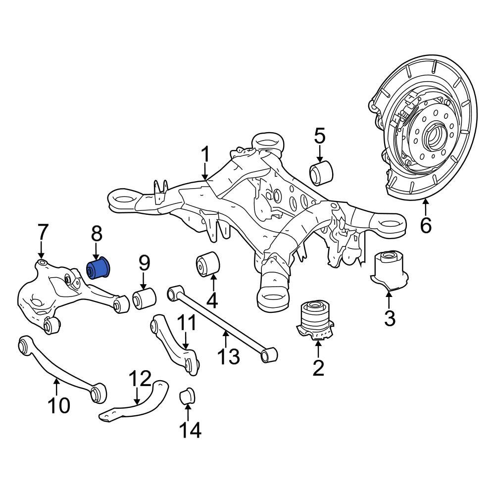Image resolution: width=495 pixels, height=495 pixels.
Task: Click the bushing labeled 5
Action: point(322,171)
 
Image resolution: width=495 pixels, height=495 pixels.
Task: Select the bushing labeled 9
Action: point(144,298)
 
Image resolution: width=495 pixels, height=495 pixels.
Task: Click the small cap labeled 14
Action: point(188,395)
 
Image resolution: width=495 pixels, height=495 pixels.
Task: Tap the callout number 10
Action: point(59,406)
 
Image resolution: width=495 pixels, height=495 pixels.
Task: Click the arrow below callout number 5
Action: point(319,152)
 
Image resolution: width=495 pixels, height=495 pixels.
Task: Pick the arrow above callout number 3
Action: point(389,300)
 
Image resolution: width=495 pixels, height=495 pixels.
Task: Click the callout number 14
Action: point(190,430)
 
